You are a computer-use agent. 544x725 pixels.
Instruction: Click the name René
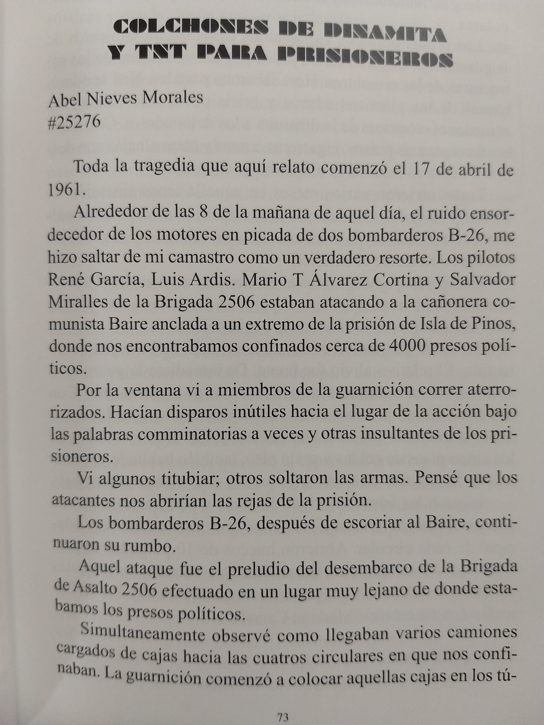(66, 280)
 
